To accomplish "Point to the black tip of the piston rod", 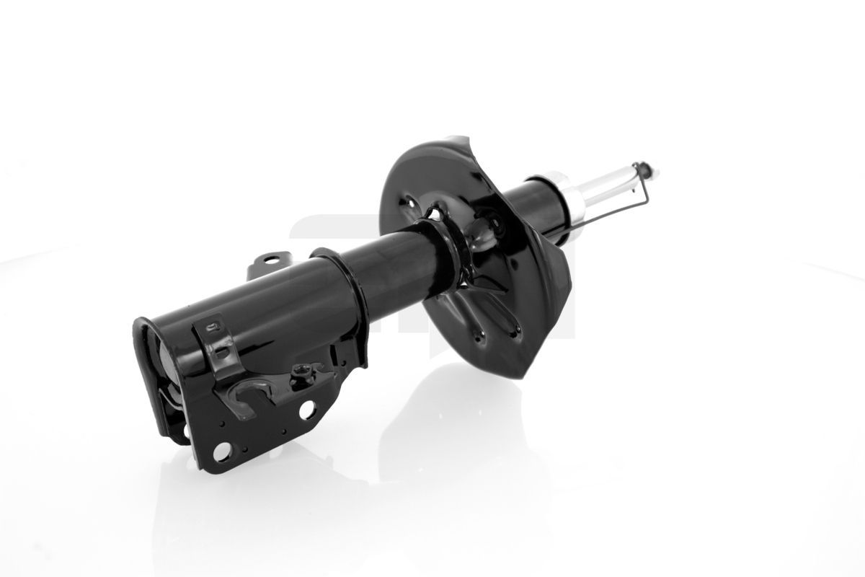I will click(653, 170).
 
